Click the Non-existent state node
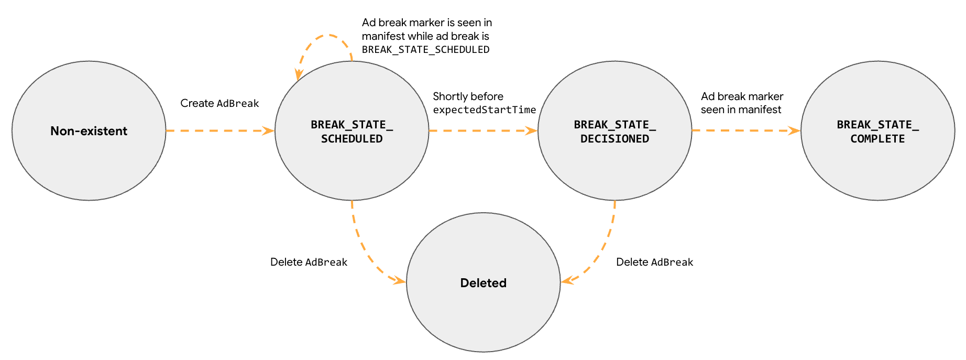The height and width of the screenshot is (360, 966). [x=89, y=131]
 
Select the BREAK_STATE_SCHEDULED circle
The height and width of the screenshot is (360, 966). [x=352, y=157]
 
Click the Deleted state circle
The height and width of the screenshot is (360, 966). [x=483, y=304]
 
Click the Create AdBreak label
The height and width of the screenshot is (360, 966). [x=219, y=103]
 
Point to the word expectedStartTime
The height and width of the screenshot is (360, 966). [x=484, y=110]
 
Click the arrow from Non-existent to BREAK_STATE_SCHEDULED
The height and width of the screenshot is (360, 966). [x=220, y=130]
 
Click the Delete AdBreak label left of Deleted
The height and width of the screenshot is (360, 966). [x=309, y=262]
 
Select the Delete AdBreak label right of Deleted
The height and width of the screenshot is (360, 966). [x=654, y=262]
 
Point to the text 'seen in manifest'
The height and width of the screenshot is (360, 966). [x=741, y=110]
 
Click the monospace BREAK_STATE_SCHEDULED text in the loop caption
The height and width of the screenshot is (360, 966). [x=425, y=50]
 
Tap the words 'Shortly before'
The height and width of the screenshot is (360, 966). [x=468, y=96]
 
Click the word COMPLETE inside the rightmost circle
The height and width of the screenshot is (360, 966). [x=877, y=139]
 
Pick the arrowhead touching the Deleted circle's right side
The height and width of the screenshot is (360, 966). [x=566, y=281]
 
